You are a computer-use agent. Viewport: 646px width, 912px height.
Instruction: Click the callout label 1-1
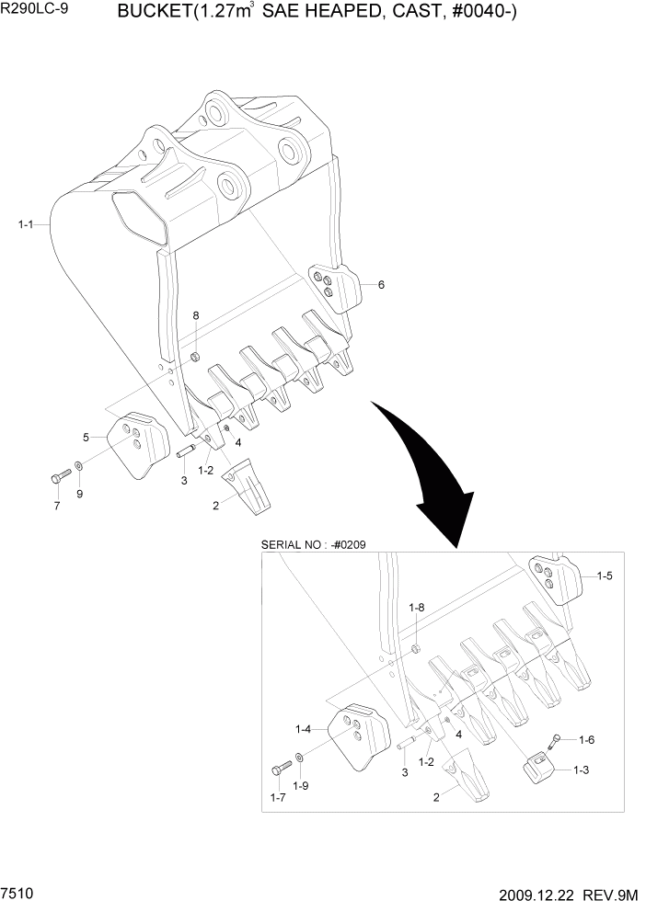tap(26, 223)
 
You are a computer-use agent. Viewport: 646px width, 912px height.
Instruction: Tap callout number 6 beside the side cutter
tap(381, 285)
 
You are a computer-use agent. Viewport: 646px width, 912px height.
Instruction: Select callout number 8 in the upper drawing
tap(195, 316)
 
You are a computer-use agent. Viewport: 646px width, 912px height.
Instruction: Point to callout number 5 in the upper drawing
tap(86, 437)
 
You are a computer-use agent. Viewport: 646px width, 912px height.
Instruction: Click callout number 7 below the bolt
tap(56, 507)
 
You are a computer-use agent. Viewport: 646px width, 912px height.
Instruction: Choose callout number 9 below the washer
tap(79, 495)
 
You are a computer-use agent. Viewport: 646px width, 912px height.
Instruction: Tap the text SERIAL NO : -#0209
tap(315, 544)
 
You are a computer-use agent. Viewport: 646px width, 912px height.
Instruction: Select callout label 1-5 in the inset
tap(605, 576)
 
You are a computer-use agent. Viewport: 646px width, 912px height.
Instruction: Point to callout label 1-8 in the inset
tap(416, 608)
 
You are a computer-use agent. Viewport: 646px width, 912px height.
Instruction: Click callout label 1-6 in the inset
tap(587, 740)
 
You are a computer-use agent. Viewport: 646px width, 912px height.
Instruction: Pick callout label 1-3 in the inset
tap(579, 771)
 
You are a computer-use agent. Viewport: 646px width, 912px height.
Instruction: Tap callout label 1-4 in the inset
tap(303, 729)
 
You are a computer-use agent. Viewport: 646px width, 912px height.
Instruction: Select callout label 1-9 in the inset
tap(300, 786)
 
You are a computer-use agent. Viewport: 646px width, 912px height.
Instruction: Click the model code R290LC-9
tap(34, 12)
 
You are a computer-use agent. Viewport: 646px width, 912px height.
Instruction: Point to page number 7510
tap(18, 894)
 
